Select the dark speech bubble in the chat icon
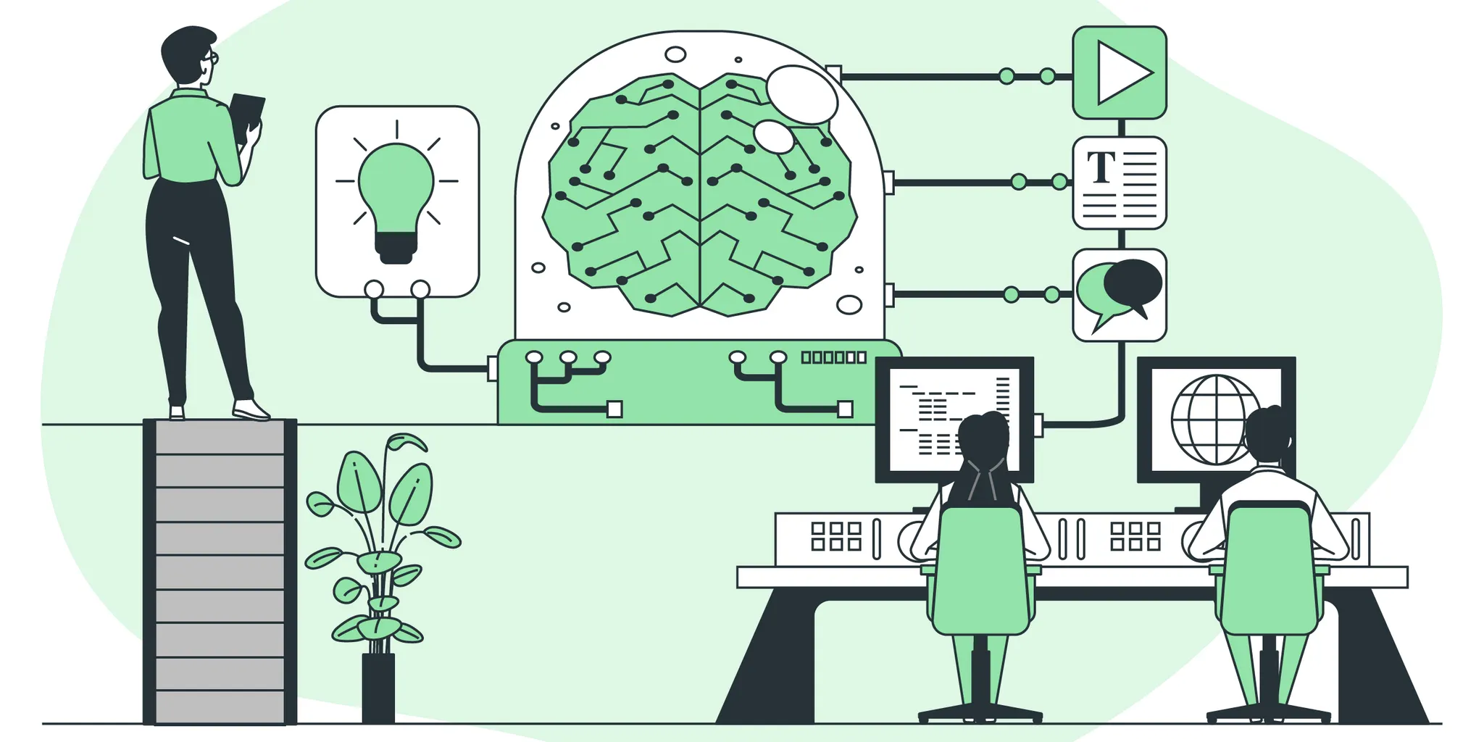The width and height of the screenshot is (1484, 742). tap(1133, 283)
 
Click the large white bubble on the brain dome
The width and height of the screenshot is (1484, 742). tap(801, 94)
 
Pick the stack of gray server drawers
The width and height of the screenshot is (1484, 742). tap(220, 572)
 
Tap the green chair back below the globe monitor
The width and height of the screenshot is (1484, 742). tap(1270, 569)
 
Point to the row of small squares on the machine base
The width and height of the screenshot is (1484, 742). tap(833, 357)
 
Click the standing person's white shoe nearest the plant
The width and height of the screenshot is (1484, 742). tap(251, 411)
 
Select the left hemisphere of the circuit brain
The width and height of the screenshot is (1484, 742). tap(623, 196)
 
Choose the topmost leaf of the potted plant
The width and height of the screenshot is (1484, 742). tap(406, 442)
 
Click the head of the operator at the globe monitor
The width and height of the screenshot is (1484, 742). tap(1268, 435)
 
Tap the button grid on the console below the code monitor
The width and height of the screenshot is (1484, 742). tap(835, 536)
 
